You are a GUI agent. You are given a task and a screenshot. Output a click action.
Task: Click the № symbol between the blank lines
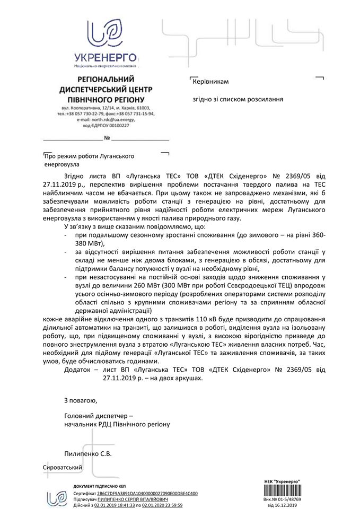click(x=107, y=138)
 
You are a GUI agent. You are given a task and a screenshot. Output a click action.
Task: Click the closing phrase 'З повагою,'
click(x=80, y=400)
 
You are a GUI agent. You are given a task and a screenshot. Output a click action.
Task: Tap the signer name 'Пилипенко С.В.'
click(x=87, y=453)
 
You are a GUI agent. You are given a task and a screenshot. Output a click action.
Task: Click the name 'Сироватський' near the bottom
click(x=63, y=467)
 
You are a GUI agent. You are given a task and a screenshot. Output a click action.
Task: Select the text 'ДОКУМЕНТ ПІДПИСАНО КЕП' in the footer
click(x=100, y=487)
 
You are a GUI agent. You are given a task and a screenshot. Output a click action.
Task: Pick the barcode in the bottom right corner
click(x=282, y=490)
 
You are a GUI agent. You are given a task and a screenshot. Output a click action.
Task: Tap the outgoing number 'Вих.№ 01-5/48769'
click(x=282, y=500)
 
